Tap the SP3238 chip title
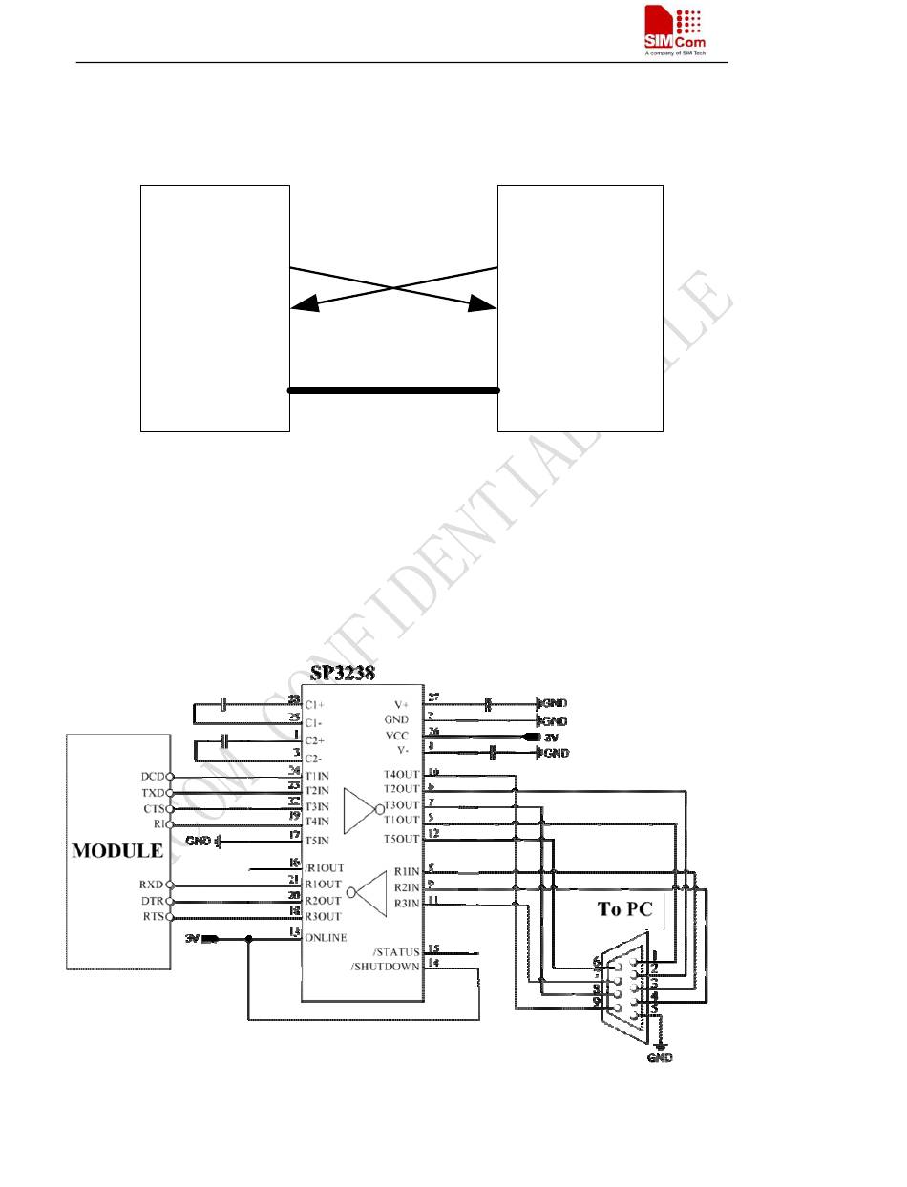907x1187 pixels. click(342, 672)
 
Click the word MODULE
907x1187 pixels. click(117, 849)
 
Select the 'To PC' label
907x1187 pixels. click(624, 909)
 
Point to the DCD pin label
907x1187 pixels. click(153, 777)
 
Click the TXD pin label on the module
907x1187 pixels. click(153, 793)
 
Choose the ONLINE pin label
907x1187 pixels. click(326, 938)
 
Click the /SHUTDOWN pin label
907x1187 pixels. click(385, 968)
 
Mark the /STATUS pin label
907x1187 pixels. click(396, 952)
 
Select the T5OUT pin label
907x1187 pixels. click(401, 839)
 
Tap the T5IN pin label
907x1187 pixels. click(318, 841)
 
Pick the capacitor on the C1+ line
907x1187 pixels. click(223, 704)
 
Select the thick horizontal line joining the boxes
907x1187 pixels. click(393, 390)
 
